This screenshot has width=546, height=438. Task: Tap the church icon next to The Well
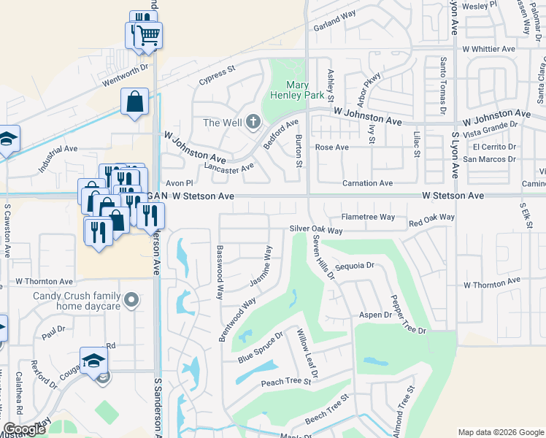tap(253, 122)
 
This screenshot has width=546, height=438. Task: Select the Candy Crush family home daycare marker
tap(131, 299)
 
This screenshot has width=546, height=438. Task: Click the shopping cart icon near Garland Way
tap(148, 34)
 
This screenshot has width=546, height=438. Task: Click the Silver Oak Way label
tap(316, 230)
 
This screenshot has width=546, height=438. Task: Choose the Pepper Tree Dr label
tap(407, 315)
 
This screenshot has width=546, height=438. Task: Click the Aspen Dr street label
tap(375, 315)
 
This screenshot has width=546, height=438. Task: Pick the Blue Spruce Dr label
tap(260, 349)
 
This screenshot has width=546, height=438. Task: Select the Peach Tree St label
tap(281, 382)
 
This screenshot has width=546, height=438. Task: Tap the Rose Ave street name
tap(331, 147)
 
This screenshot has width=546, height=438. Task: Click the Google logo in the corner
tap(24, 430)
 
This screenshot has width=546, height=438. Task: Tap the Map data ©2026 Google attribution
tap(500, 432)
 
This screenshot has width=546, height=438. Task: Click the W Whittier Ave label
tap(488, 49)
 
